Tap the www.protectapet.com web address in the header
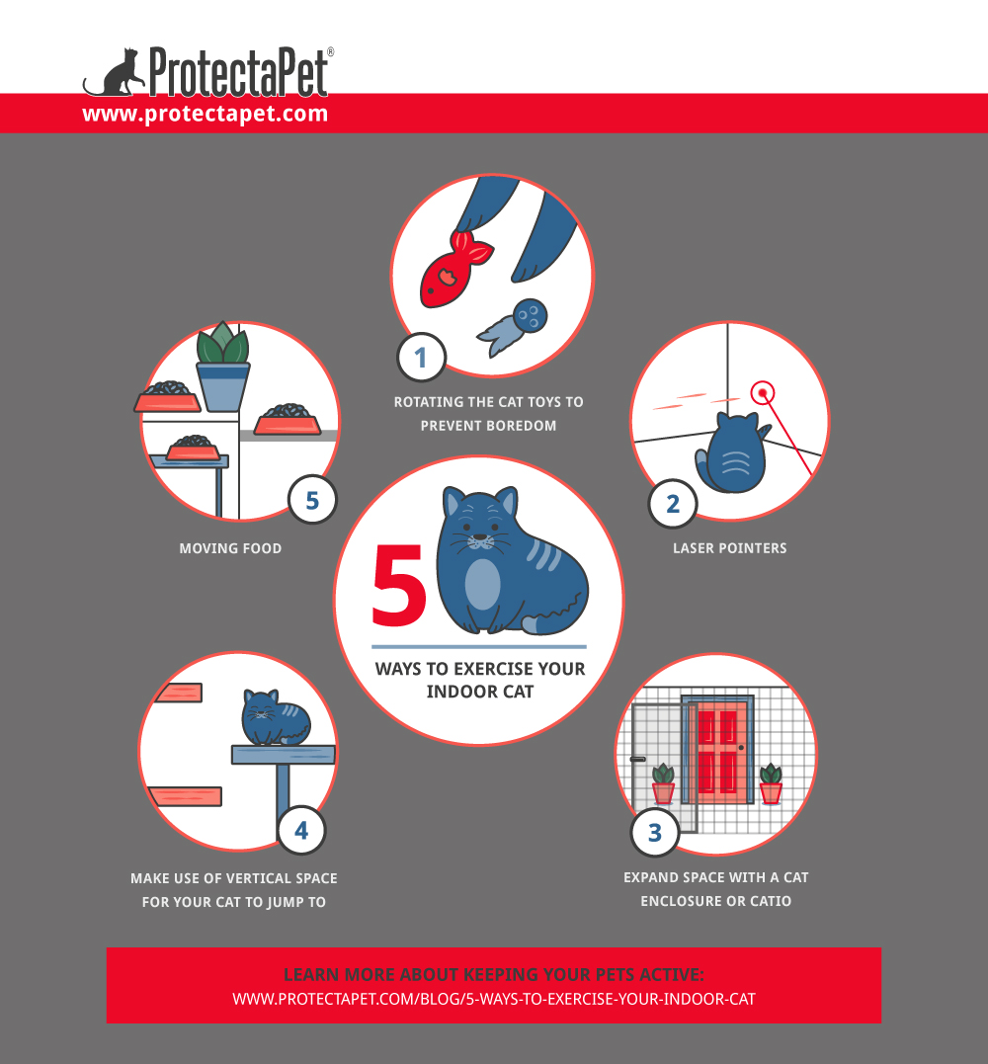click(205, 114)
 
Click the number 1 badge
click(421, 357)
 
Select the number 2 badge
click(673, 504)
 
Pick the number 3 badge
click(655, 833)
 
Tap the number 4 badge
click(301, 831)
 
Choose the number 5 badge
click(312, 501)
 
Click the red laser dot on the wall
click(762, 392)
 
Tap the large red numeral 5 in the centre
click(399, 589)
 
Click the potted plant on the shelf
click(222, 367)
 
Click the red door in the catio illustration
click(717, 750)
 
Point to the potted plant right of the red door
click(771, 782)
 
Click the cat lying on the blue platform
click(273, 718)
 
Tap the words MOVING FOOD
click(230, 548)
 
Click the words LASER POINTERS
click(730, 547)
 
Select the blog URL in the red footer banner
click(494, 999)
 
